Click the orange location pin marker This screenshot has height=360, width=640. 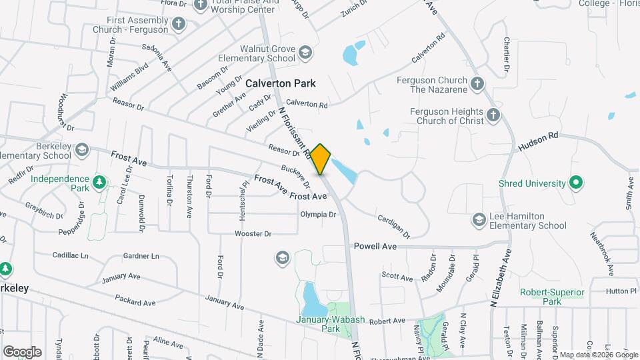(x=321, y=159)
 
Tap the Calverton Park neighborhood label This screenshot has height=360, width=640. (x=280, y=84)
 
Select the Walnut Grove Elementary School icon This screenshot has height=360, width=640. (x=305, y=53)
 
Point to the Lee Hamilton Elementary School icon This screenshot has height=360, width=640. (x=479, y=220)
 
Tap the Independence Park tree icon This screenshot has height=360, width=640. (x=99, y=181)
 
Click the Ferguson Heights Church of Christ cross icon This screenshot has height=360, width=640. (x=493, y=115)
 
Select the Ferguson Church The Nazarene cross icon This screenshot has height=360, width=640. (x=477, y=84)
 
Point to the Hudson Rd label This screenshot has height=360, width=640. (x=543, y=136)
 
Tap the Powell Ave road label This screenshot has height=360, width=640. (x=375, y=246)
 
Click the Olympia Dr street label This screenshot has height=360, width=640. (x=318, y=214)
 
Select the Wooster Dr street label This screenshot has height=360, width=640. (x=253, y=233)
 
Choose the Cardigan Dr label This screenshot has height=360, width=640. (x=393, y=227)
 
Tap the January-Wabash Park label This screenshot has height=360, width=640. (x=327, y=323)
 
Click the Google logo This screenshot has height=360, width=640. (x=22, y=351)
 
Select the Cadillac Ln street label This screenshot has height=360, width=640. (x=71, y=255)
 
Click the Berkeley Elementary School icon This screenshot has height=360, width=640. (x=81, y=148)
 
